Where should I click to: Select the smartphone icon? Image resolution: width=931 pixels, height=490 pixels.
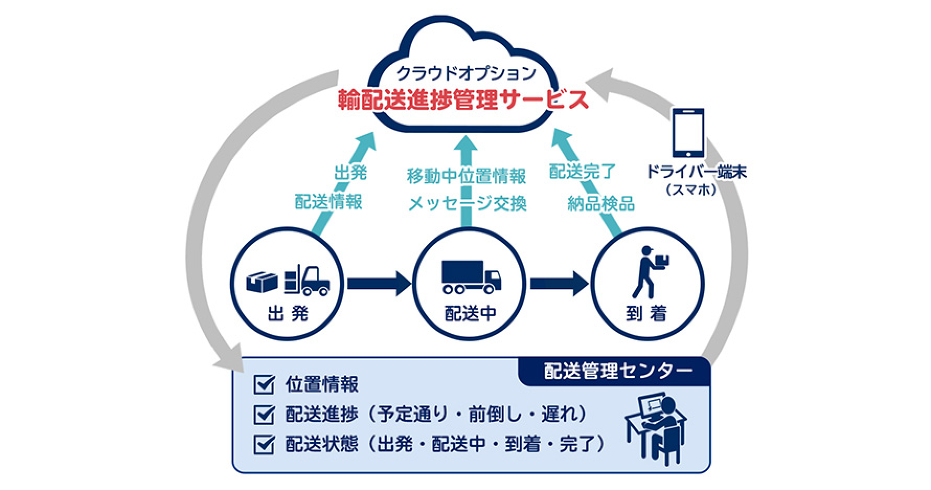click(x=688, y=132)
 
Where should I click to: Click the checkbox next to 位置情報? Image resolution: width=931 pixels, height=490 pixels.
click(x=264, y=384)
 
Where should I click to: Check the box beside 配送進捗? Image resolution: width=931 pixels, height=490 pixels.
click(x=264, y=415)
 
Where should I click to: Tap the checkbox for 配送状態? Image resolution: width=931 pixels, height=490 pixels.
click(x=264, y=444)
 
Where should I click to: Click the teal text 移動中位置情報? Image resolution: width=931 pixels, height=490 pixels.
click(x=467, y=176)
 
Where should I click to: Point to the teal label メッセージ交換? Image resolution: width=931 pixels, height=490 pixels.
click(x=467, y=204)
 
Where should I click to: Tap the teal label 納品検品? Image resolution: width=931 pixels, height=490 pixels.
click(x=601, y=204)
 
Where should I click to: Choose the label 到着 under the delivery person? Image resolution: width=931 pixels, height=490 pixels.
click(x=646, y=314)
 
